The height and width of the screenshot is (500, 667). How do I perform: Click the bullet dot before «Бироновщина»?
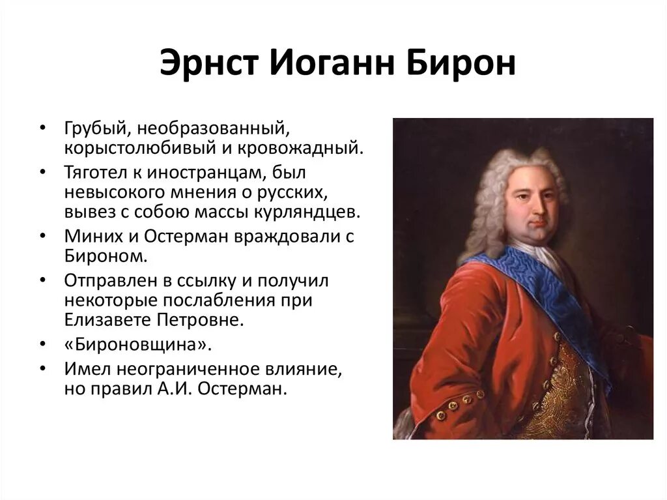tap(42, 345)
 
